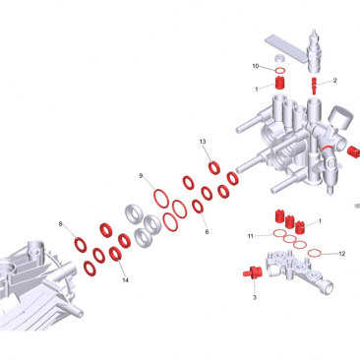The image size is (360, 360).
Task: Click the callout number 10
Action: click(x=256, y=66)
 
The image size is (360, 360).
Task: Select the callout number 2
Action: click(x=334, y=81)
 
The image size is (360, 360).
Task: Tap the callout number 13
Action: click(x=203, y=142)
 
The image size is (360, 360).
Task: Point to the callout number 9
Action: click(x=141, y=176)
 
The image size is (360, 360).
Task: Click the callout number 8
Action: click(x=60, y=224)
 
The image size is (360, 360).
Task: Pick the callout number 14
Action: click(x=125, y=280)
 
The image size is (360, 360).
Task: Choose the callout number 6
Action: click(x=207, y=232)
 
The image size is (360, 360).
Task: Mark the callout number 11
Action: click(x=251, y=236)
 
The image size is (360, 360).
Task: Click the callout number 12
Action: click(x=342, y=254)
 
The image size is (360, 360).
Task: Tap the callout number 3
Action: click(x=255, y=297)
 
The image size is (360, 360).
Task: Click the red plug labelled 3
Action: click(x=251, y=272)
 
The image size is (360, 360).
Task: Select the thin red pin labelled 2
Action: click(x=314, y=85)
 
